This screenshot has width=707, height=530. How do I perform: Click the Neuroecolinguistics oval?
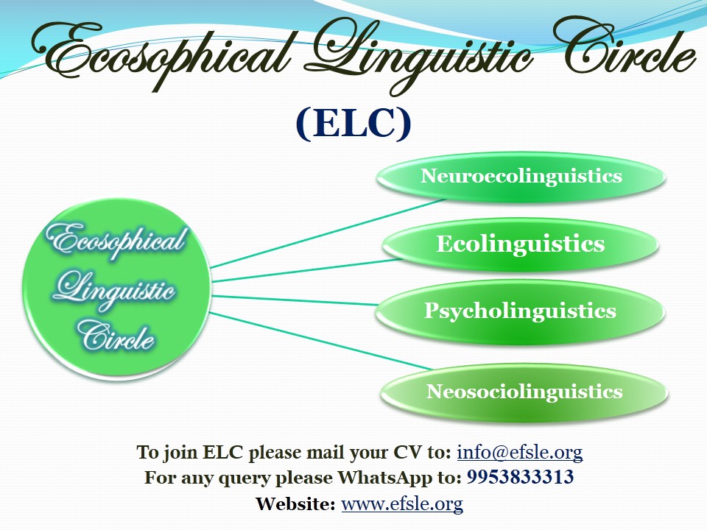tap(521, 176)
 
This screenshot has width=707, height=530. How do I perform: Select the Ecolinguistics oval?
tap(521, 244)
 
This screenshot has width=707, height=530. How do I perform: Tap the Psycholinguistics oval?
tap(520, 311)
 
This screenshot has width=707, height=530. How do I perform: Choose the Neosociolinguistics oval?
tap(524, 392)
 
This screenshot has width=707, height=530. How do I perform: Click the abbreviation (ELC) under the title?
tap(353, 123)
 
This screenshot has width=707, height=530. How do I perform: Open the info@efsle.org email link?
tap(520, 452)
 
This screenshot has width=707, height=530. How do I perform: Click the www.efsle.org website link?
tap(402, 504)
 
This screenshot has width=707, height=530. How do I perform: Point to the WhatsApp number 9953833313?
tap(520, 477)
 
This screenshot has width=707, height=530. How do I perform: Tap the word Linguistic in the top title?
tap(421, 54)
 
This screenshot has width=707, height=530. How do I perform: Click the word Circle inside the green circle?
tap(116, 336)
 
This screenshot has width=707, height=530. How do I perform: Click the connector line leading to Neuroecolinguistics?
tap(328, 233)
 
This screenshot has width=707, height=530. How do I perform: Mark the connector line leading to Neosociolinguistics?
tap(321, 341)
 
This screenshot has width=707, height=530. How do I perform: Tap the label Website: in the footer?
tap(295, 504)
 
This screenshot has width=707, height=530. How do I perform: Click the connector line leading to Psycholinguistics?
tap(295, 300)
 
